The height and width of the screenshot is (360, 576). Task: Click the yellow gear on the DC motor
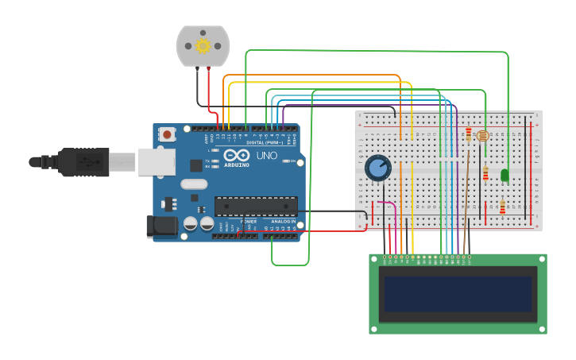coord(203,45)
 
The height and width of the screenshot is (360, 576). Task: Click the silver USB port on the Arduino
coord(156,161)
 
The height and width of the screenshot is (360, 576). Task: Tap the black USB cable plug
coord(83,162)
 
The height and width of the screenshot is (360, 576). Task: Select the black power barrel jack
coord(162,226)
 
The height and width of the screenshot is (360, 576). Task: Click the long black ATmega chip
coord(256,207)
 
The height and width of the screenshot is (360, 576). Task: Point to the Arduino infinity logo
coord(236,156)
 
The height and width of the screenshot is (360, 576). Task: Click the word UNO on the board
coord(266,156)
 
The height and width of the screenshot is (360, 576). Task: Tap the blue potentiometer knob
coord(378,168)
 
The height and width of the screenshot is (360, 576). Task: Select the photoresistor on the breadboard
coord(483,136)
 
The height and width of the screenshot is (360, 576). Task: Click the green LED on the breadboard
coord(504,174)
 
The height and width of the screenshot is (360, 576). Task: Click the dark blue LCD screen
coord(458,294)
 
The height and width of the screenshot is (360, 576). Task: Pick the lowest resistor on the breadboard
coord(502,207)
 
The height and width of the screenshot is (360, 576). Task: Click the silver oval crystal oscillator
coord(194,184)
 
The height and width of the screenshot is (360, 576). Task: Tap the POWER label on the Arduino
coord(249,221)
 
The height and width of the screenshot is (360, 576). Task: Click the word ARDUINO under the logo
coord(236,165)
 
